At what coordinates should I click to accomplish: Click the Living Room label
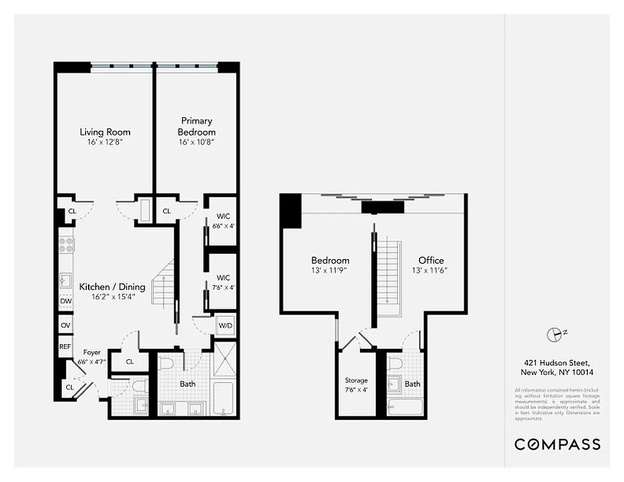[x=105, y=132]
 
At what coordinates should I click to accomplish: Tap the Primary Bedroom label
[x=197, y=127]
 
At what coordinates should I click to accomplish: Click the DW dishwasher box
[x=65, y=301]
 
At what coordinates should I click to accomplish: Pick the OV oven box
[x=65, y=325]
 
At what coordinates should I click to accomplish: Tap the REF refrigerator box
[x=65, y=346]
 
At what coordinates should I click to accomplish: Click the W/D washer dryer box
[x=225, y=325]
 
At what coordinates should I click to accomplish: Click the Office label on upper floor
[x=431, y=260]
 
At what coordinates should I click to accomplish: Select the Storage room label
[x=356, y=380]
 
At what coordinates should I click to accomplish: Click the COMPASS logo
[x=557, y=444]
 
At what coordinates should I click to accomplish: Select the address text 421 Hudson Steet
[x=556, y=363]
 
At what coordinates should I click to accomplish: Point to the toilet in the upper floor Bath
[x=396, y=364]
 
